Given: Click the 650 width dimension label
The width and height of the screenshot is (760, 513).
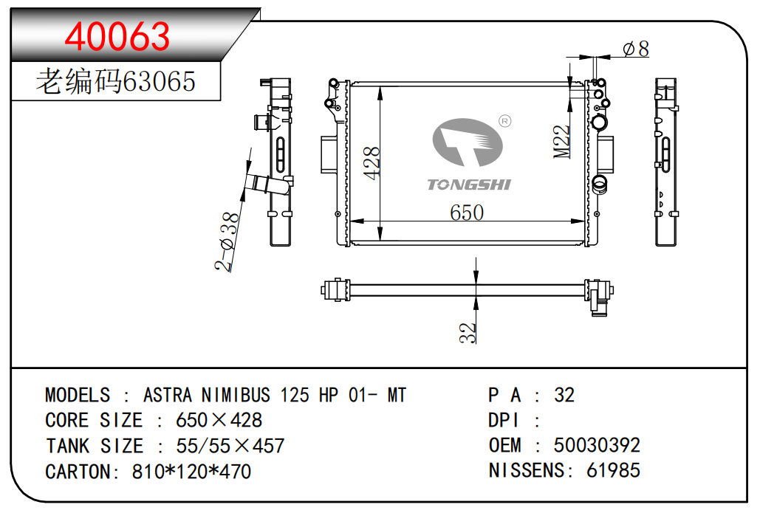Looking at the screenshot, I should tap(467, 213).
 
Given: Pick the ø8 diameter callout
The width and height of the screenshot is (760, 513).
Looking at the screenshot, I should tap(635, 49).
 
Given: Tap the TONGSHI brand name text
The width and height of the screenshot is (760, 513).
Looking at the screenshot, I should tap(469, 185).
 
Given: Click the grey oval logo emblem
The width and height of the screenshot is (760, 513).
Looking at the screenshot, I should tap(468, 144).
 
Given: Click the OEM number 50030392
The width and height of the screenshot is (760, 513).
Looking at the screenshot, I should tap(597, 445).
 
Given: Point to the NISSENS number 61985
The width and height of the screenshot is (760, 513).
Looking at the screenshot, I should tap(614, 470).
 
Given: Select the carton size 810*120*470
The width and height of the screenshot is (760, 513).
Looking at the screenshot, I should tap(191, 471).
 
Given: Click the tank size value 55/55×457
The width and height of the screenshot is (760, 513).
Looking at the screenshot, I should tap(230, 446).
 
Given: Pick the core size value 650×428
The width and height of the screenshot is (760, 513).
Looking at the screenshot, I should tap(219, 421).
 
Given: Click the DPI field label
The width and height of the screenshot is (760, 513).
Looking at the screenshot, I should tap(504, 421).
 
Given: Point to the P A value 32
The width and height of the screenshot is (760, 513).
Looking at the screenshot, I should tap(564, 395).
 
